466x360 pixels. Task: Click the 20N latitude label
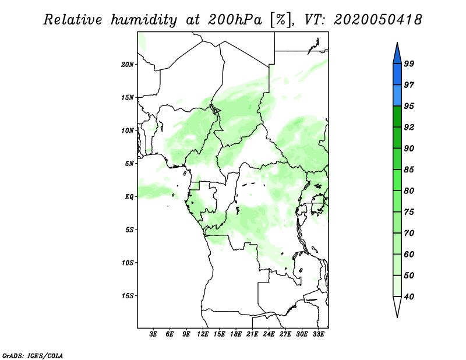tap(128, 65)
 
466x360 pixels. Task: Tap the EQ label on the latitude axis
tap(129, 197)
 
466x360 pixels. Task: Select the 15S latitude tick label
tap(128, 296)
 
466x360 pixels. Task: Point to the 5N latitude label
tap(129, 164)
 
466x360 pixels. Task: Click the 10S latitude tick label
tap(128, 263)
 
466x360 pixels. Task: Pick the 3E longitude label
tap(153, 334)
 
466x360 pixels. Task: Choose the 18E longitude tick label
tap(236, 334)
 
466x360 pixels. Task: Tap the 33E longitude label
tap(318, 334)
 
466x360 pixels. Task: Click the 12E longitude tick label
tap(203, 334)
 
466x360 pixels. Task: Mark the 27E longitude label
tap(285, 334)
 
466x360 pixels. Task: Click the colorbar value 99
tap(409, 63)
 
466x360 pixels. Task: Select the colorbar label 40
tap(409, 297)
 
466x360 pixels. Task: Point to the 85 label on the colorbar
tap(409, 170)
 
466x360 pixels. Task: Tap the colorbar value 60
tap(409, 254)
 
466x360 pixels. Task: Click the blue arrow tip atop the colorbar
tap(397, 43)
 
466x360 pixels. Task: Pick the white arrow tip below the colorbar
tap(397, 317)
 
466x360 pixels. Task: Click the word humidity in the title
tap(144, 20)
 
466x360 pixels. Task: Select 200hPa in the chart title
tap(235, 20)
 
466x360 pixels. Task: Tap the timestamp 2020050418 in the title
tap(377, 20)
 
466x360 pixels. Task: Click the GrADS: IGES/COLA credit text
tap(33, 356)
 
